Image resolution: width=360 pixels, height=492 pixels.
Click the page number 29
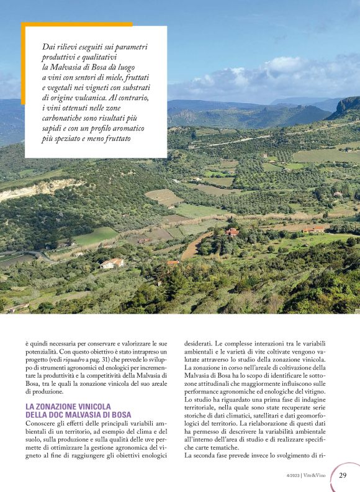coord(343,476)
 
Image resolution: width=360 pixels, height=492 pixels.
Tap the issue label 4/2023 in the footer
coord(294,476)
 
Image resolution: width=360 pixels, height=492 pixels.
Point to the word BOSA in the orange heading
coord(119,414)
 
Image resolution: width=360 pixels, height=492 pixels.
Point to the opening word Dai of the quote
coord(49,47)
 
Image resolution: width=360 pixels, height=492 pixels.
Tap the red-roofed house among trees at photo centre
coord(232,232)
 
